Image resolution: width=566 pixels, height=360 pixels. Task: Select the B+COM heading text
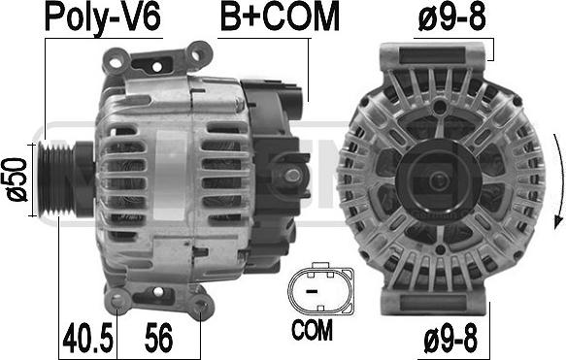[x=280, y=16]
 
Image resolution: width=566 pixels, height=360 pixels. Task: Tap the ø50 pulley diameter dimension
[x=17, y=180]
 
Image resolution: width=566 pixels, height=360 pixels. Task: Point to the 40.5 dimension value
[x=87, y=338]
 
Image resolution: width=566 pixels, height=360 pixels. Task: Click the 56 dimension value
[x=159, y=338]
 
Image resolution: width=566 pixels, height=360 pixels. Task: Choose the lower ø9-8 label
[x=450, y=338]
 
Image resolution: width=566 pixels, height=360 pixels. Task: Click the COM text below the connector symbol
[x=312, y=330]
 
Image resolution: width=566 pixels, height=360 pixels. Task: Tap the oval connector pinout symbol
[x=320, y=287]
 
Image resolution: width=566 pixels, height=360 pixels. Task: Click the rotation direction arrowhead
[x=559, y=221]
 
